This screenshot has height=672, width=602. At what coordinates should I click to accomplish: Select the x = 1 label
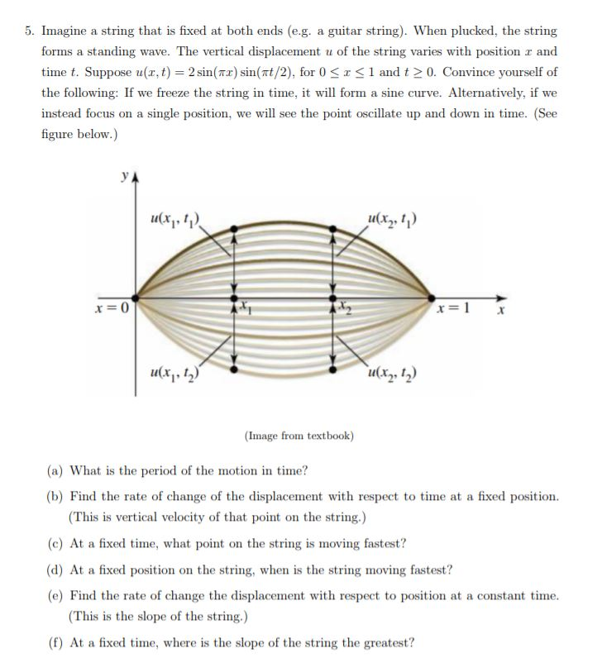click(460, 307)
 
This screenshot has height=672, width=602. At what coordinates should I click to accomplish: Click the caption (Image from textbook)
click(299, 435)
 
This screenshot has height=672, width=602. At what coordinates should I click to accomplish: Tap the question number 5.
click(28, 31)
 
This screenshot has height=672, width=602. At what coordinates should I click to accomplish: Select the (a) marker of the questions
click(56, 471)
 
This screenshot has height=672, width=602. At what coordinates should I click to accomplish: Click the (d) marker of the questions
click(56, 570)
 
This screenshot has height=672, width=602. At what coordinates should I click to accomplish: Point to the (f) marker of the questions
click(56, 642)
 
